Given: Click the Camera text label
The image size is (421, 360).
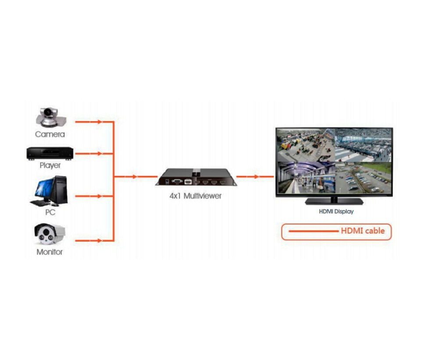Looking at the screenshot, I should [50, 134].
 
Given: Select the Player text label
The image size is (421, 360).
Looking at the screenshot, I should [50, 166].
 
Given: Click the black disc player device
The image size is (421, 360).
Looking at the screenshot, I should [50, 153].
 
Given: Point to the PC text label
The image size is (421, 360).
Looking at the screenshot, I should [50, 212].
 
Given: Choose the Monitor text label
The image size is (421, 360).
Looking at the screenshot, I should [50, 252].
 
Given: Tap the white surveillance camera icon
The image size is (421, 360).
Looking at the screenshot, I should [50, 234].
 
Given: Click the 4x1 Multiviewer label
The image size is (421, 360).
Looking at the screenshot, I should [196, 196].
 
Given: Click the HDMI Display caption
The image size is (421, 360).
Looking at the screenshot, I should [336, 212].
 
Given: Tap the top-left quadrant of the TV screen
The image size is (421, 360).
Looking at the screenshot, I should [305, 145].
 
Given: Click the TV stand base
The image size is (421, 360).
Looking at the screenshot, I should [334, 201].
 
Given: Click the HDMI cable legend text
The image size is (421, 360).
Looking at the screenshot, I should [363, 230].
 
